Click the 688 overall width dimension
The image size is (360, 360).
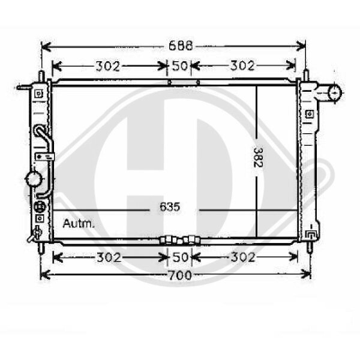pyautogui.click(x=181, y=46)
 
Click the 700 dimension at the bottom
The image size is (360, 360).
pyautogui.click(x=180, y=275)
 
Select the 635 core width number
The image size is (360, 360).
pyautogui.click(x=170, y=207)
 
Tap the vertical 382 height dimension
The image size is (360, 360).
pyautogui.click(x=258, y=157)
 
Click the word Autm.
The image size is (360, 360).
pyautogui.click(x=79, y=224)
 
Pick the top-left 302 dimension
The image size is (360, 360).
pyautogui.click(x=108, y=66)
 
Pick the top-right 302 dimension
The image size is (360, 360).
pyautogui.click(x=242, y=65)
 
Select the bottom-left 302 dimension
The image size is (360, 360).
pyautogui.click(x=109, y=257)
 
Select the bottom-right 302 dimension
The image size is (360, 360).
pyautogui.click(x=243, y=257)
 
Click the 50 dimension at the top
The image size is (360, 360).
pyautogui.click(x=180, y=65)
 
